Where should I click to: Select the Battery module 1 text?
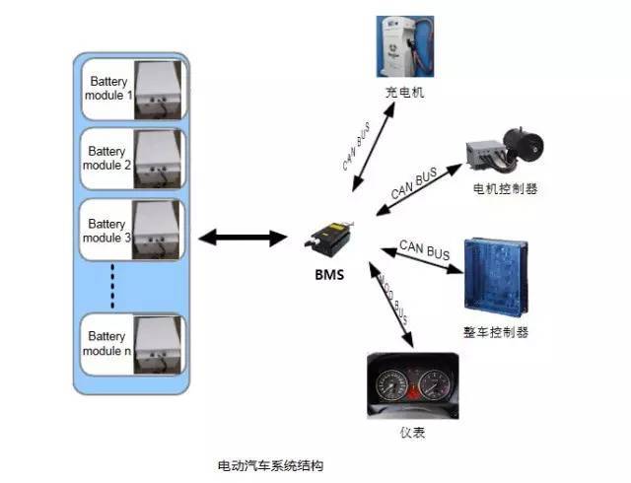[x=107, y=88]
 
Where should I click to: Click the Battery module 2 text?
[x=107, y=159]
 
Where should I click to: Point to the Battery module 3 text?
[x=107, y=231]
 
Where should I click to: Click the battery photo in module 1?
[x=157, y=89]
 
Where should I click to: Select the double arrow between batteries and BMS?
[x=242, y=238]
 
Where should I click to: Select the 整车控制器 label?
[x=503, y=332]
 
